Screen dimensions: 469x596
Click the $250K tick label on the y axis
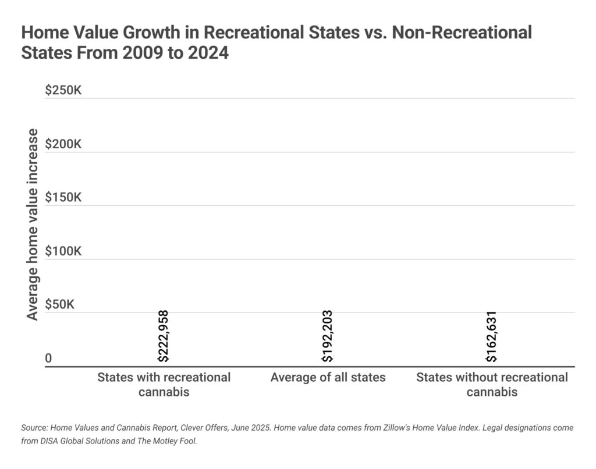(x=63, y=91)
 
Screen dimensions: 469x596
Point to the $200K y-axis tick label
(x=63, y=144)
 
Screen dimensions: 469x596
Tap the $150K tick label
(x=63, y=198)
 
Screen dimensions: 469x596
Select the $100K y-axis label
(x=63, y=252)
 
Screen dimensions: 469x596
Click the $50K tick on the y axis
(x=61, y=305)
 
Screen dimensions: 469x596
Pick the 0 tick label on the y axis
(x=48, y=359)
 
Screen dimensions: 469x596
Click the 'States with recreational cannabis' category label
(x=164, y=384)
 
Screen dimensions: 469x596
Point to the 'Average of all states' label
(x=328, y=377)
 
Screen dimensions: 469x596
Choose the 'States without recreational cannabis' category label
(x=492, y=384)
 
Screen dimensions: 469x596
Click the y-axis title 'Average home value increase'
(x=33, y=224)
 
